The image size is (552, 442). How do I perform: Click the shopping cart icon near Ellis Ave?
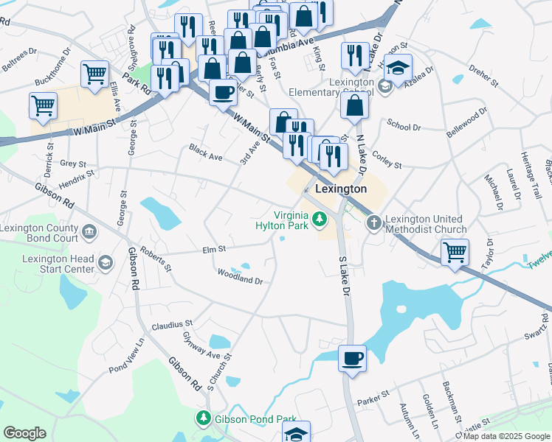point(96,74)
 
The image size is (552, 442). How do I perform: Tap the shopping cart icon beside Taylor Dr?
point(455,252)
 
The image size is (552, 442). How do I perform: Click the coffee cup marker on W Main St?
point(223,93)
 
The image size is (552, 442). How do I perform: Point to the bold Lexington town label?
point(341,189)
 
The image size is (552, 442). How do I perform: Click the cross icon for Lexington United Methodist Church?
point(374,221)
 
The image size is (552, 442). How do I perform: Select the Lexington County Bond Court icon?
point(89,233)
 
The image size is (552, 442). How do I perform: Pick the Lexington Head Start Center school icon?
point(106,263)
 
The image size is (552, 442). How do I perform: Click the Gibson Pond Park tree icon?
point(203,418)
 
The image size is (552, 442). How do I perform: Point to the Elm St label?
point(213,250)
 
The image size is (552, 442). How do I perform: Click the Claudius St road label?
point(172,323)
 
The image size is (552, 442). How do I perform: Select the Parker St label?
point(373,398)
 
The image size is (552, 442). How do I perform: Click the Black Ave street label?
point(205,152)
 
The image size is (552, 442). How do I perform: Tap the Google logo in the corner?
point(24,433)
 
